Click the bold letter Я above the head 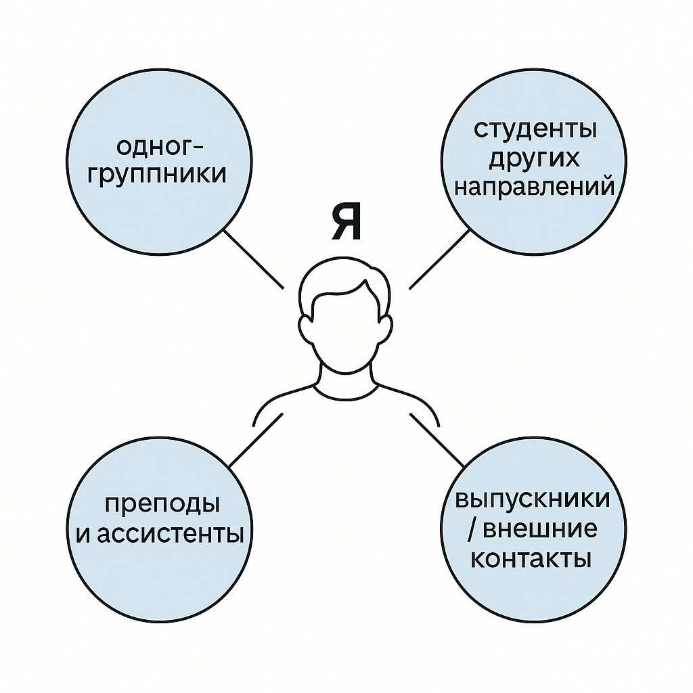[346, 225]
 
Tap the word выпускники [533, 499]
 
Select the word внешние [542, 529]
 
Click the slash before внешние [472, 530]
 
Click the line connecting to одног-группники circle [254, 259]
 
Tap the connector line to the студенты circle [439, 259]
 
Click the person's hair [346, 284]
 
